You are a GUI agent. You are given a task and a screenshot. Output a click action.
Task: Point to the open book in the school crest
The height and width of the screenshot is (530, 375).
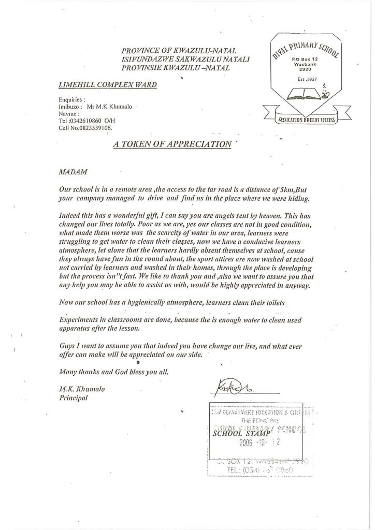[303, 94]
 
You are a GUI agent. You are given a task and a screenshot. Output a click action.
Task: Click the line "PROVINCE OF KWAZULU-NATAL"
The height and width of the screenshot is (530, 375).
[178, 51]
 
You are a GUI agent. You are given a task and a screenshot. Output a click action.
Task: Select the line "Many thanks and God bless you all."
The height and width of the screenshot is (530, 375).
[114, 371]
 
